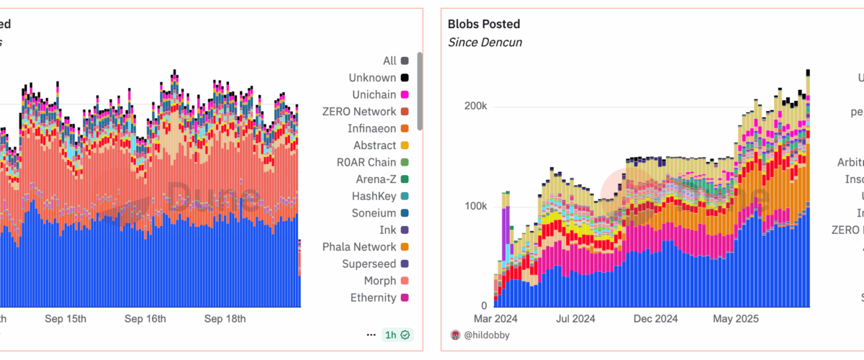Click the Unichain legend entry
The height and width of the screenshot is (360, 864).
click(x=374, y=95)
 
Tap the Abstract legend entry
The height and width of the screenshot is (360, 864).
click(x=374, y=145)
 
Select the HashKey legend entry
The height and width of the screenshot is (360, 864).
click(x=374, y=196)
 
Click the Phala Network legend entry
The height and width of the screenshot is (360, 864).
click(x=359, y=247)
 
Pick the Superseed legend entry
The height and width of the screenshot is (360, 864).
click(x=369, y=264)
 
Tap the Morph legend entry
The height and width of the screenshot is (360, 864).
click(x=379, y=281)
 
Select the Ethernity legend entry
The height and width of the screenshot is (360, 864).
click(x=373, y=297)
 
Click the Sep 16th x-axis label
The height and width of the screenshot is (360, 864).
click(x=145, y=319)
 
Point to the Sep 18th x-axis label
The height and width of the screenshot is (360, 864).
click(x=225, y=319)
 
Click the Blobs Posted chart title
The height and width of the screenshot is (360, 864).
click(x=483, y=24)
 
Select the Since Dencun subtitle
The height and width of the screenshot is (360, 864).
click(x=485, y=42)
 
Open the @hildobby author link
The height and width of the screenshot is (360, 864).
click(x=487, y=335)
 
